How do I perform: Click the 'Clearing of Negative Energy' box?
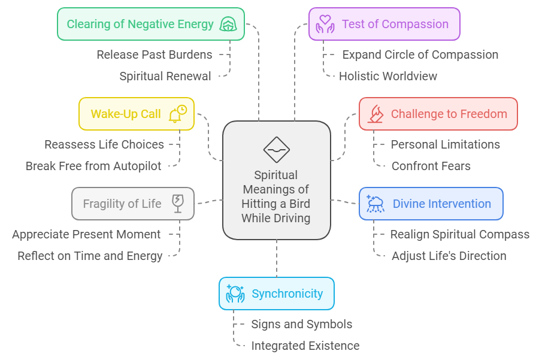[150, 24]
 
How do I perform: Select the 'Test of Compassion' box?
[384, 24]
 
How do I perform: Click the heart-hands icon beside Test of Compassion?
[325, 24]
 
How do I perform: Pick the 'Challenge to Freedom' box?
[438, 114]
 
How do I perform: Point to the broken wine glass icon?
[178, 204]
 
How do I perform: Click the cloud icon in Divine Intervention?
[376, 204]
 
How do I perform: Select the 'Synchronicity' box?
[276, 294]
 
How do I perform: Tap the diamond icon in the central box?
[276, 150]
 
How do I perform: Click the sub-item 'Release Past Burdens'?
[154, 55]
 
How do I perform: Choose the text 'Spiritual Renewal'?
[165, 76]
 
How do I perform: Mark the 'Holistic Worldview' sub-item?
[388, 76]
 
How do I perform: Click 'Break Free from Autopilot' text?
[93, 166]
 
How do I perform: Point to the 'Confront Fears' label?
[431, 166]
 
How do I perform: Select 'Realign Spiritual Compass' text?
[459, 234]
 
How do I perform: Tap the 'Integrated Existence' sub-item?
[305, 346]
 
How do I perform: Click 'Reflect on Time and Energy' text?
[90, 256]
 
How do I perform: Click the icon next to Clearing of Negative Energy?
[227, 24]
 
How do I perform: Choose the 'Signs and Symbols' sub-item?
[301, 324]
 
